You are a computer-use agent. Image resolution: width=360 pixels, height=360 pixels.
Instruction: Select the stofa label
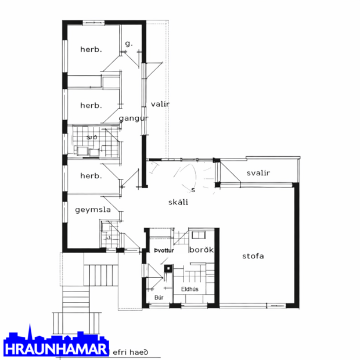click(x=253, y=256)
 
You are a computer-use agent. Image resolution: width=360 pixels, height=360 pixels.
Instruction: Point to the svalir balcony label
click(x=258, y=173)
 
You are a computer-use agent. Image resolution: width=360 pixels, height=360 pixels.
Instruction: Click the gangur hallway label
click(x=134, y=119)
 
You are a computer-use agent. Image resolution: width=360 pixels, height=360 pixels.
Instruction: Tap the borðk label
click(x=202, y=250)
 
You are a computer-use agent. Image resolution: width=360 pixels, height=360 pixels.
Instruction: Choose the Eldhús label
click(x=190, y=289)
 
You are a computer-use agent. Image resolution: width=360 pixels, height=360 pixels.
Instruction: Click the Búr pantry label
click(x=159, y=298)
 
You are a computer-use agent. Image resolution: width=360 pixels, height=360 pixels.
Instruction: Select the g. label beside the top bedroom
click(x=128, y=44)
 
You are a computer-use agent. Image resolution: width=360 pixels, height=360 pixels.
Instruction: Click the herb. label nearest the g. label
click(x=91, y=50)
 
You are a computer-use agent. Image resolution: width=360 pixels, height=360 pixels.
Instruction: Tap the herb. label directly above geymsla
click(x=91, y=176)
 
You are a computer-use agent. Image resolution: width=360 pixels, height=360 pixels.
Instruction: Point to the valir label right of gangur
click(x=160, y=105)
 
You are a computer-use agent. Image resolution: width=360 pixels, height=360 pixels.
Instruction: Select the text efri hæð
click(x=131, y=351)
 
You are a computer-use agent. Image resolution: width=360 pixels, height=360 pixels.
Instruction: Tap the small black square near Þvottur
click(x=168, y=269)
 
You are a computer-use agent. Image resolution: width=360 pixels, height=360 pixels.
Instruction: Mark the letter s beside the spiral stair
click(x=193, y=190)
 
